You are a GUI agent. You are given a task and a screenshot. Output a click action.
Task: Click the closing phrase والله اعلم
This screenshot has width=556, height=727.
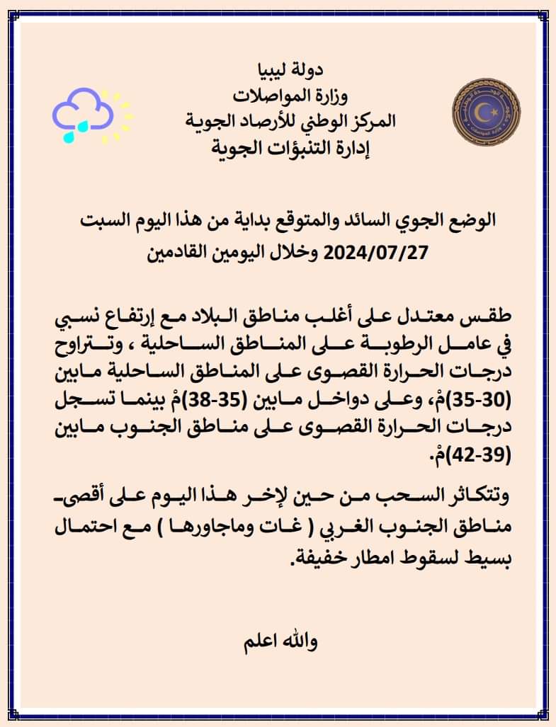[279, 643]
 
